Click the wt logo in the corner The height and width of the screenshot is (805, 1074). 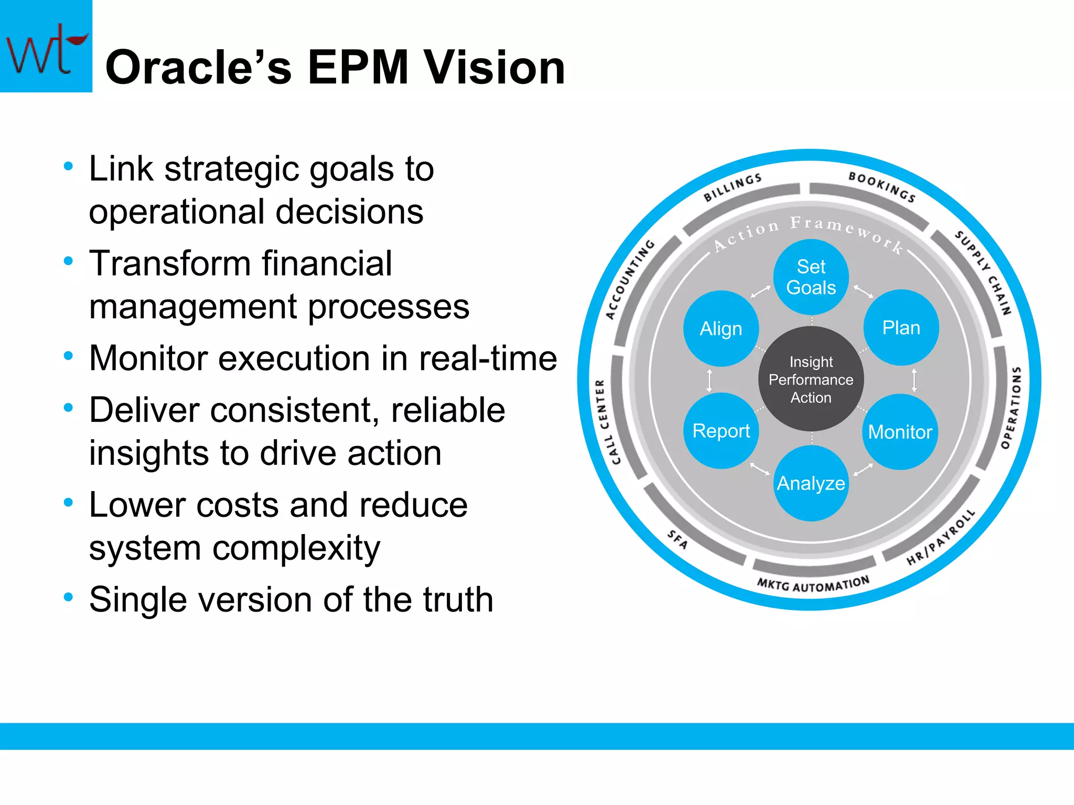pyautogui.click(x=46, y=46)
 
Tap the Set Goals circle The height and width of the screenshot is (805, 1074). pyautogui.click(x=811, y=277)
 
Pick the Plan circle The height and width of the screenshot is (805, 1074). pyautogui.click(x=901, y=328)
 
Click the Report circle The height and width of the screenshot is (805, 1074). pyautogui.click(x=721, y=431)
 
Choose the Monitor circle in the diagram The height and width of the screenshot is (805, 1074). pyautogui.click(x=900, y=432)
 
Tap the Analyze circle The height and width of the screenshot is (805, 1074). pyautogui.click(x=811, y=483)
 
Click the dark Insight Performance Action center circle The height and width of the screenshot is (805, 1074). pyautogui.click(x=811, y=379)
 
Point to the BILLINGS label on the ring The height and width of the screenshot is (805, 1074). pyautogui.click(x=732, y=188)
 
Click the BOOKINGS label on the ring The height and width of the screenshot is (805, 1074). pyautogui.click(x=883, y=187)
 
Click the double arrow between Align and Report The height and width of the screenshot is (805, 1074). pyautogui.click(x=710, y=380)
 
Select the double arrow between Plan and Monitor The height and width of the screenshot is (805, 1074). pyautogui.click(x=914, y=380)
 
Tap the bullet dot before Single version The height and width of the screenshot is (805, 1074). pyautogui.click(x=68, y=596)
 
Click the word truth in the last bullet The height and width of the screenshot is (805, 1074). pyautogui.click(x=458, y=600)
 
